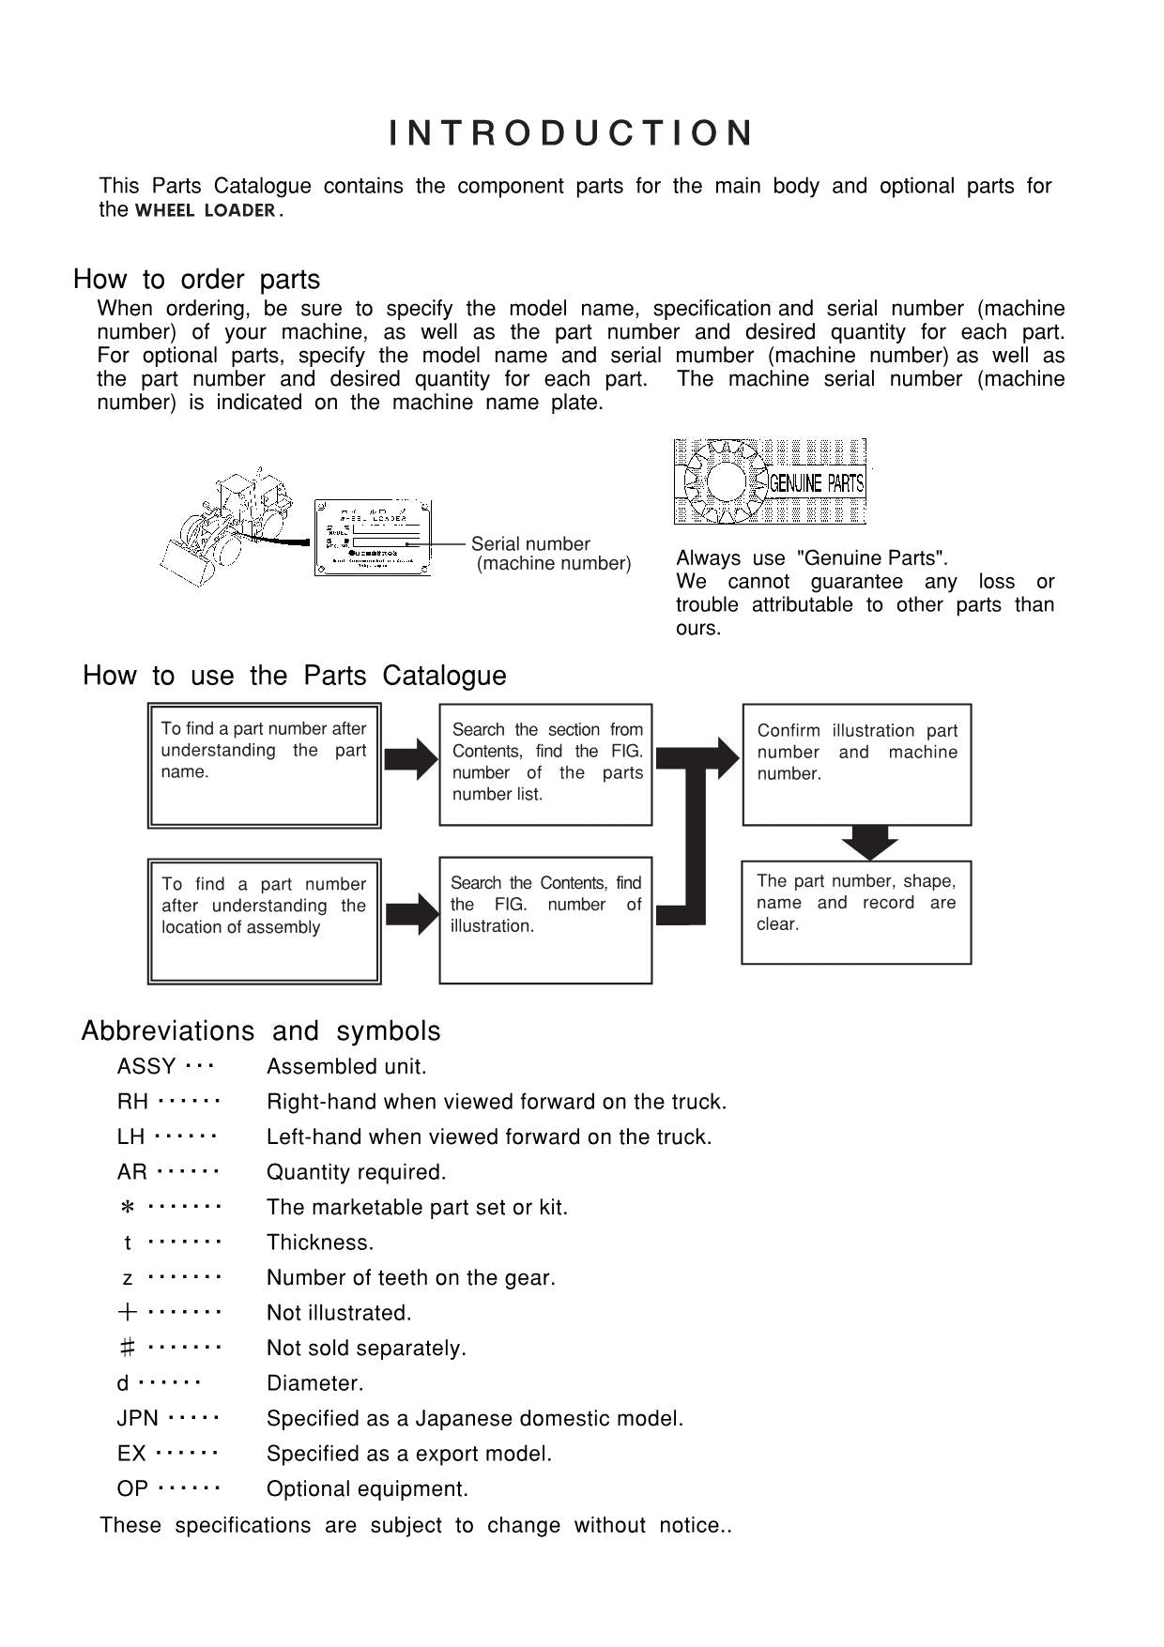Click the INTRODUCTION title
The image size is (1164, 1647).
(x=571, y=133)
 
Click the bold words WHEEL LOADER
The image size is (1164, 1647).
(x=205, y=211)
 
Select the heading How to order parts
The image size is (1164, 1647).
(x=196, y=280)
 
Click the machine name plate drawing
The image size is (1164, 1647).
(x=373, y=539)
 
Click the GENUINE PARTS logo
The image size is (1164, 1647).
(x=770, y=482)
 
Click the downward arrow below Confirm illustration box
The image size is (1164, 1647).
(x=869, y=842)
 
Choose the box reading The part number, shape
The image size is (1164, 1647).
(x=855, y=912)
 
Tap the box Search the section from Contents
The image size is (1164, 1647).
(x=545, y=765)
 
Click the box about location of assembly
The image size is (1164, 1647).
(x=264, y=921)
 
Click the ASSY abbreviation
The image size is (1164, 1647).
(x=146, y=1067)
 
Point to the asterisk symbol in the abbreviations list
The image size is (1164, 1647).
(x=129, y=1208)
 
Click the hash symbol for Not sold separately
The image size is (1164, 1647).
(x=128, y=1349)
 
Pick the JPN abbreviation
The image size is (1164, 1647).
(x=137, y=1419)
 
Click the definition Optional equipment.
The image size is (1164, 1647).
(x=367, y=1489)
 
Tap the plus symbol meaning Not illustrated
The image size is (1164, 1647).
(x=128, y=1313)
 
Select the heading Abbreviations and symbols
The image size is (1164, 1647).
(x=261, y=1031)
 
